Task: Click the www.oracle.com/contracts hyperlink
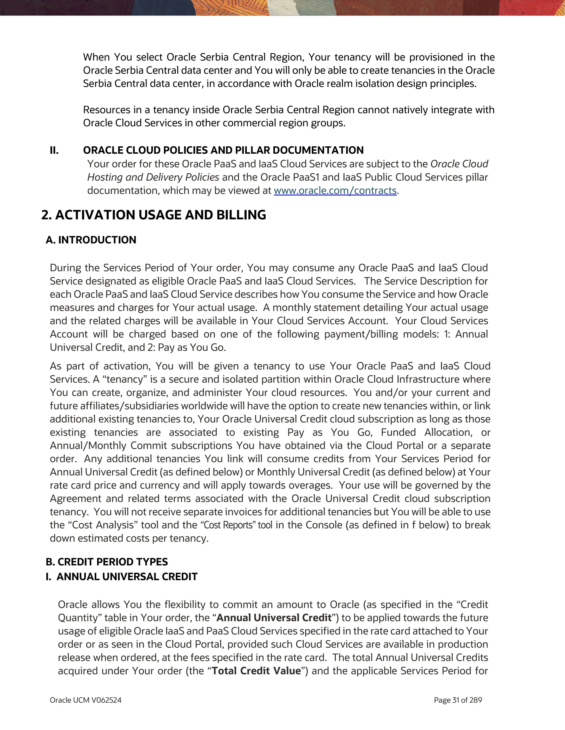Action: tap(335, 191)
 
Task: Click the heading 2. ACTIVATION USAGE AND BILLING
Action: tap(154, 215)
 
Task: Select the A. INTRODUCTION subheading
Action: tap(91, 240)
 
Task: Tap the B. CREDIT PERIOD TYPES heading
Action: tap(106, 562)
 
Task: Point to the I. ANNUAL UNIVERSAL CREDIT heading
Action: tap(122, 576)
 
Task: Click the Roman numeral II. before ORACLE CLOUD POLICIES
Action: tap(54, 150)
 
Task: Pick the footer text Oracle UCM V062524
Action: tap(86, 700)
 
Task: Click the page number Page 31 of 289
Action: tap(458, 700)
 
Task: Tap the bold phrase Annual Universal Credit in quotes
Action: tap(274, 618)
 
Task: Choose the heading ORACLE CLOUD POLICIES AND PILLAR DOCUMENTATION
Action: tap(223, 150)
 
